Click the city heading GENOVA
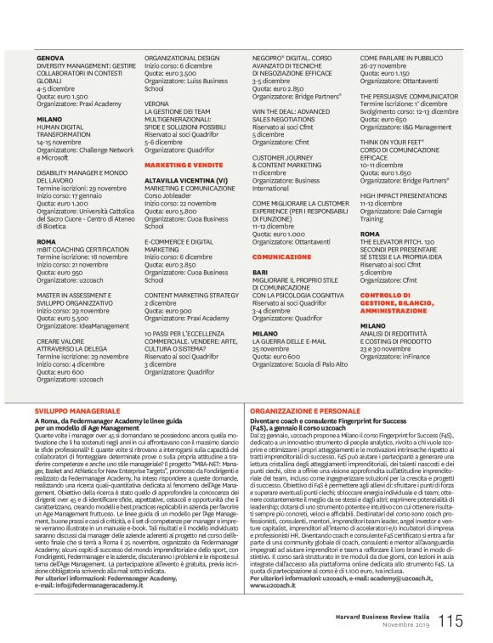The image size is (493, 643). pyautogui.click(x=49, y=58)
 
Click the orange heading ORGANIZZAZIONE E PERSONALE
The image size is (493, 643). pyautogui.click(x=305, y=409)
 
